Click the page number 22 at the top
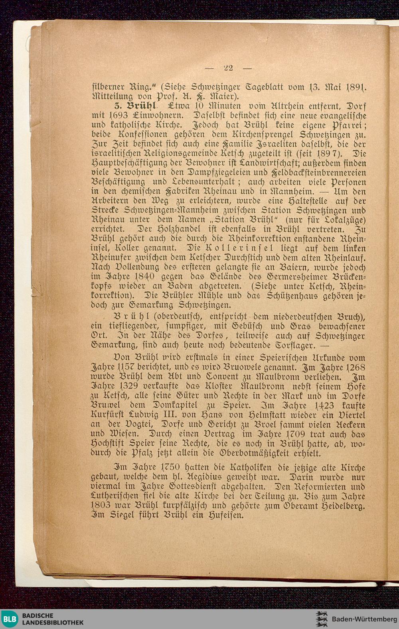click(x=229, y=68)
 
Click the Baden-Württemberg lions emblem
click(x=321, y=619)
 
